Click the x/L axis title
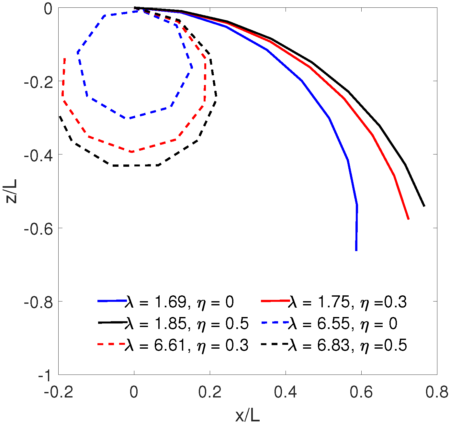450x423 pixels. pyautogui.click(x=248, y=416)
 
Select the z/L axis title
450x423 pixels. pyautogui.click(x=12, y=191)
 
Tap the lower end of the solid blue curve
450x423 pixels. pyautogui.click(x=356, y=250)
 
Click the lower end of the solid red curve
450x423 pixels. pyautogui.click(x=409, y=219)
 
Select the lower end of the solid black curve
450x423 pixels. pyautogui.click(x=424, y=206)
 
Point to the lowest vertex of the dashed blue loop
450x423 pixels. pyautogui.click(x=129, y=118)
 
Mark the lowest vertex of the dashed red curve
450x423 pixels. pyautogui.click(x=131, y=152)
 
